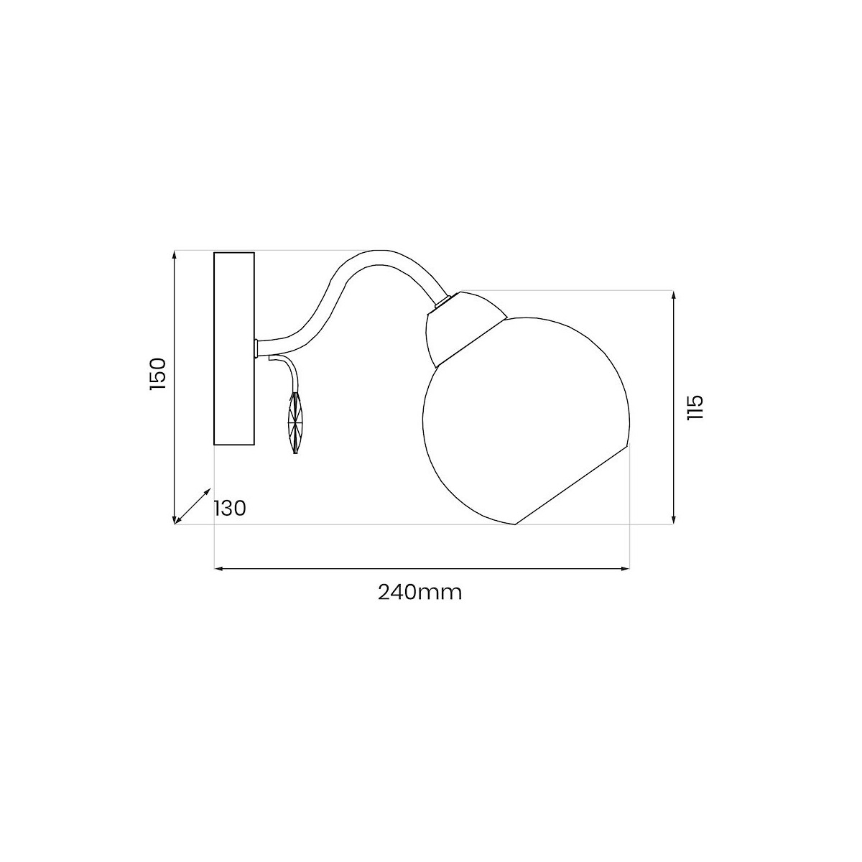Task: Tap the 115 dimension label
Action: [x=695, y=407]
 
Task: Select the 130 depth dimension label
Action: [x=229, y=508]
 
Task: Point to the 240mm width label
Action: [x=420, y=593]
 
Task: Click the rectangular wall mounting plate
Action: [x=234, y=348]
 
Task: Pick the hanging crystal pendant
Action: [x=295, y=422]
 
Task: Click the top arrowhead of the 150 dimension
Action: [x=174, y=254]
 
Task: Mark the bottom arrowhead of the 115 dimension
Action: [x=673, y=519]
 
